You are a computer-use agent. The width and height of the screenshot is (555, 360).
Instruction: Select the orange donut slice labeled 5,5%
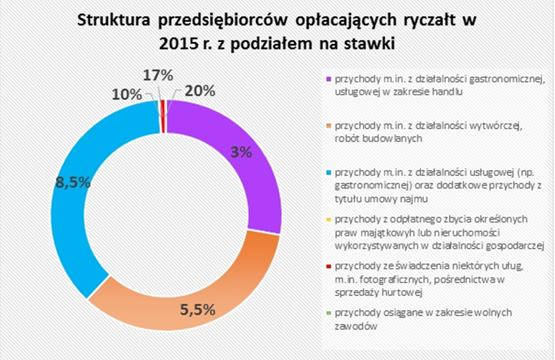pyautogui.click(x=200, y=293)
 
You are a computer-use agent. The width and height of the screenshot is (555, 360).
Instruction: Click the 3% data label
pyautogui.click(x=241, y=151)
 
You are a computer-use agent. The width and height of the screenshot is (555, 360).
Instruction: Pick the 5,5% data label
pyautogui.click(x=198, y=309)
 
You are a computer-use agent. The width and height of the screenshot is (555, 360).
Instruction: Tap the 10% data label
pyautogui.click(x=126, y=94)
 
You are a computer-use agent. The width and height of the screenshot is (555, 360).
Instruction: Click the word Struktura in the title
pyautogui.click(x=114, y=21)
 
